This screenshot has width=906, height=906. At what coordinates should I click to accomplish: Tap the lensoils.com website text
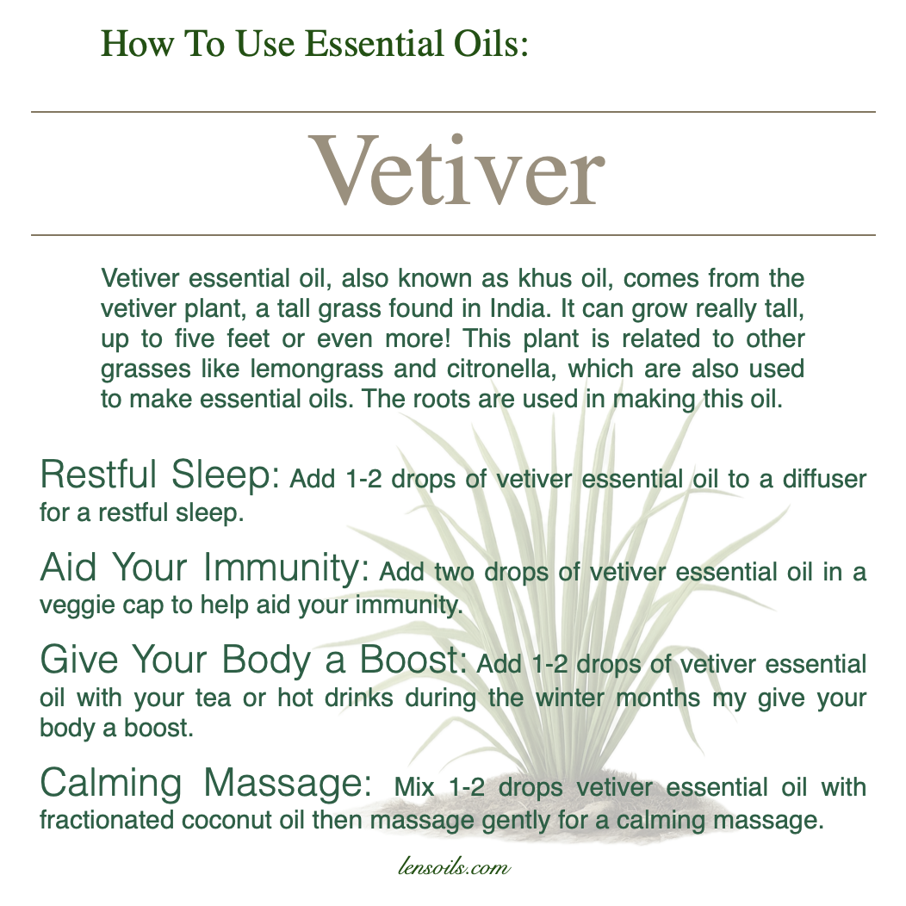pos(454,867)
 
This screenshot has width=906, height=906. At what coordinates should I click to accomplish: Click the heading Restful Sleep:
pos(160,475)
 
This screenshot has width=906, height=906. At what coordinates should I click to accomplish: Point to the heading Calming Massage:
pos(206,783)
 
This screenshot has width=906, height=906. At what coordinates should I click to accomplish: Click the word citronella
pos(501,369)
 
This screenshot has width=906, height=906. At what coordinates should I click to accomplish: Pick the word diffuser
pos(824,479)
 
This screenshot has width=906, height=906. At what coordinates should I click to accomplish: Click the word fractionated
pos(106,821)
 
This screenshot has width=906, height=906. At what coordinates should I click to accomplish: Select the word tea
pos(213,698)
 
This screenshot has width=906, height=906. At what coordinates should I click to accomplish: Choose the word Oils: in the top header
pos(491,44)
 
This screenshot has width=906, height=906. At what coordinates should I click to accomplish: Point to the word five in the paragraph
pos(194,338)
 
